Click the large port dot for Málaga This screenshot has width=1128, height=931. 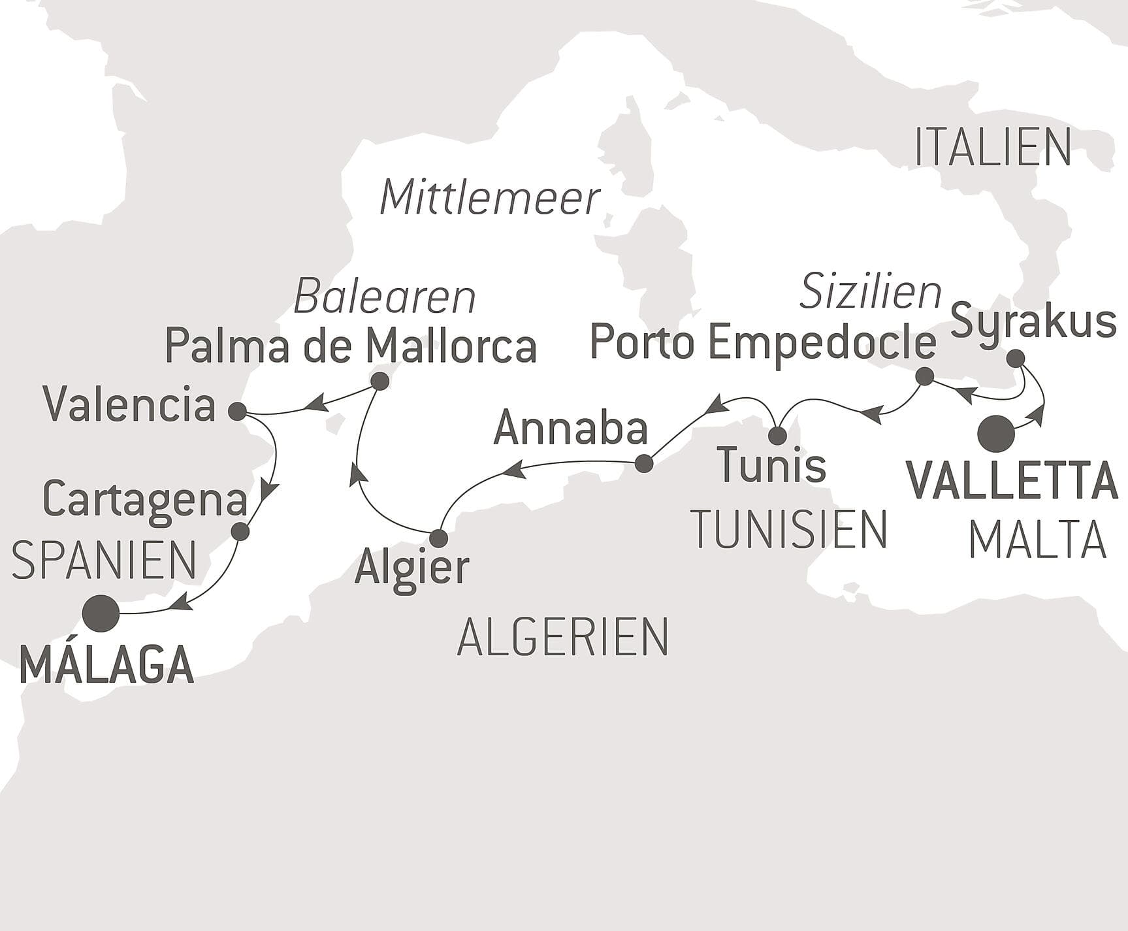(x=102, y=613)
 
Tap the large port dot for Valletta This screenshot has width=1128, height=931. (x=996, y=434)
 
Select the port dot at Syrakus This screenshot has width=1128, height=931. (x=1015, y=359)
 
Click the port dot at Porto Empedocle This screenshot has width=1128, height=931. (x=924, y=376)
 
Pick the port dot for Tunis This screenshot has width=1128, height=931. (x=777, y=435)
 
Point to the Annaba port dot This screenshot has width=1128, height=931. (x=644, y=464)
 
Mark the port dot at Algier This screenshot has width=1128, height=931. (x=438, y=538)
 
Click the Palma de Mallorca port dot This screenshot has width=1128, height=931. (x=379, y=381)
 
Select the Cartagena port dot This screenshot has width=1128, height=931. (x=240, y=532)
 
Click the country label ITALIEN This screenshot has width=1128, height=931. (x=992, y=148)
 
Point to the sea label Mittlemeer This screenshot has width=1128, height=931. (x=489, y=198)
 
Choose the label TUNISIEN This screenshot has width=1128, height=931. (x=789, y=529)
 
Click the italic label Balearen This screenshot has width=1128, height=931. (x=385, y=297)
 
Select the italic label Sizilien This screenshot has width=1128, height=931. (x=870, y=291)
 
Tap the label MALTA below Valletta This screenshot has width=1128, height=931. (x=1037, y=541)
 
